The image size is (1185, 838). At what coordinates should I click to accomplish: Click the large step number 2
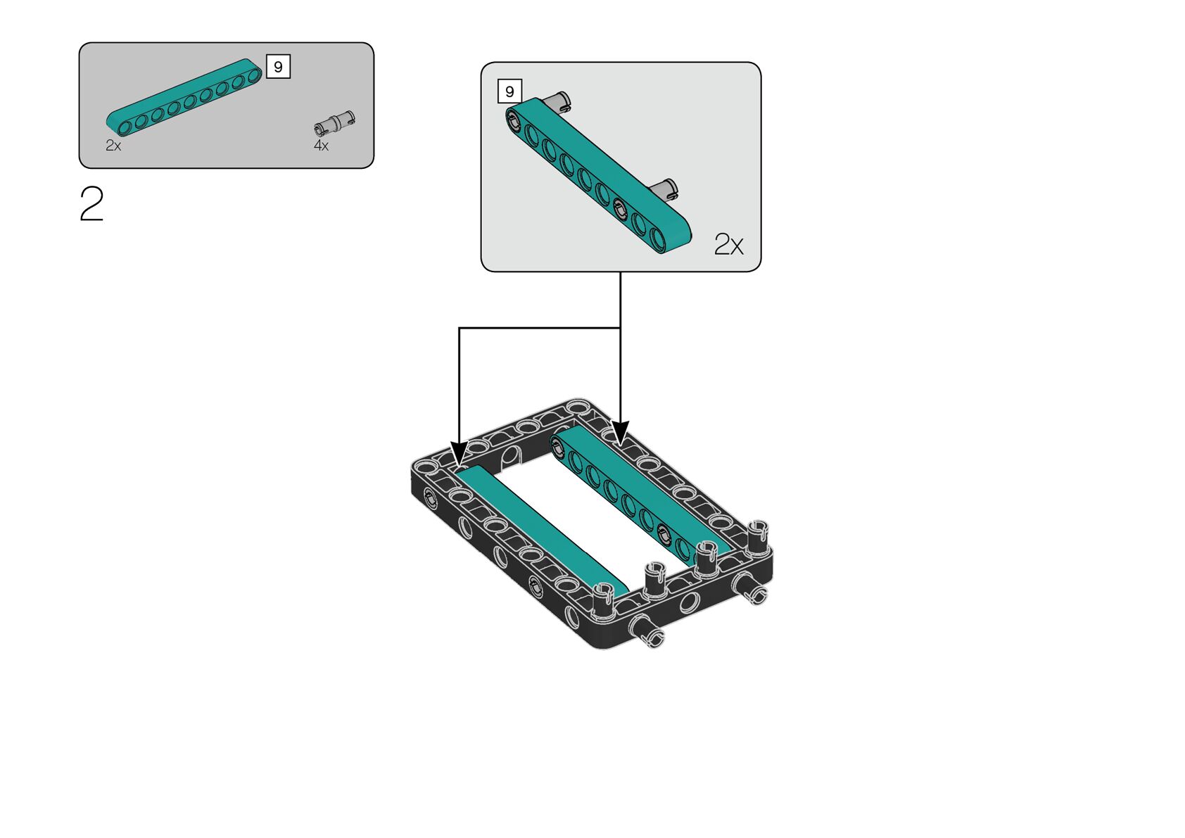click(x=91, y=203)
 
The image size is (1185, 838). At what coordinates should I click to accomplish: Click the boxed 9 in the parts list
click(x=278, y=67)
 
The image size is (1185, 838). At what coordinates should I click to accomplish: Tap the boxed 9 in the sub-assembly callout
click(x=509, y=91)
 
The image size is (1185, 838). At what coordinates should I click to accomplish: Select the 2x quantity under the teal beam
click(x=113, y=146)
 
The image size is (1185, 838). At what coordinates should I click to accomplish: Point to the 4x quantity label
click(x=321, y=146)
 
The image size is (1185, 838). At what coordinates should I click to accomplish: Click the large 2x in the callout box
click(x=728, y=244)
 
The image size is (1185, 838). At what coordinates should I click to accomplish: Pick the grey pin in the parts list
click(x=334, y=122)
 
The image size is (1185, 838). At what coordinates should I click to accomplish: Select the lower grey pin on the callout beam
click(x=664, y=189)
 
